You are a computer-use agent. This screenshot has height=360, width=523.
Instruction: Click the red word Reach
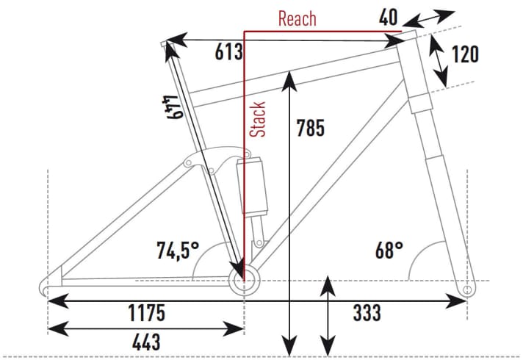click(297, 18)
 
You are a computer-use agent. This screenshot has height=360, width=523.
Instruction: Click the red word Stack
click(258, 119)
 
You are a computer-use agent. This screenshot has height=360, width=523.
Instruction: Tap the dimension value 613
click(228, 52)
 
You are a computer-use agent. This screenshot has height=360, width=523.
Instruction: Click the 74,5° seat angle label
click(176, 251)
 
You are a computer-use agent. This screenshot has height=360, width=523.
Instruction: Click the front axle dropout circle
click(467, 289)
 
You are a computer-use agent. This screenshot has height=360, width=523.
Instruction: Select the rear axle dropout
click(48, 286)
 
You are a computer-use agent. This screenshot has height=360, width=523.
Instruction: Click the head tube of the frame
click(416, 70)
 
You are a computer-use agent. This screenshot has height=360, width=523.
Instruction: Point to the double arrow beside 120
click(439, 59)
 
